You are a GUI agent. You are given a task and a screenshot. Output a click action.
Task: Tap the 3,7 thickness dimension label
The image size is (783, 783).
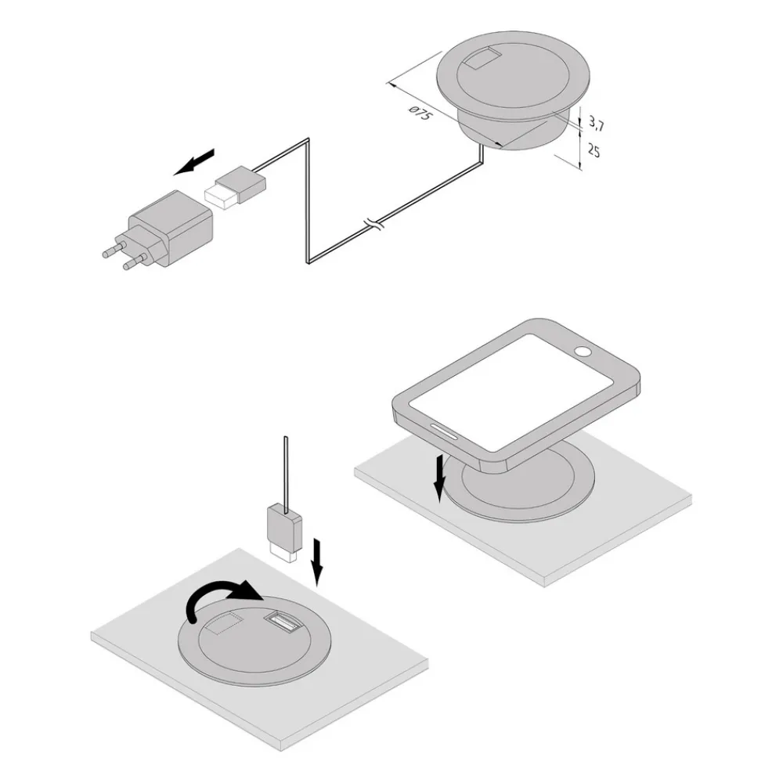pyautogui.click(x=596, y=123)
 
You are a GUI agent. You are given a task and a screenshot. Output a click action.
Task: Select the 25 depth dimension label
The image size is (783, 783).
pyautogui.click(x=594, y=150)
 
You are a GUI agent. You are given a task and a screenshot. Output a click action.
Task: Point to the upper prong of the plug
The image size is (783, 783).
pyautogui.click(x=114, y=249)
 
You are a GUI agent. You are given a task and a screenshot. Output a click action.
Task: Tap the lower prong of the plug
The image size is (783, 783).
pyautogui.click(x=135, y=262)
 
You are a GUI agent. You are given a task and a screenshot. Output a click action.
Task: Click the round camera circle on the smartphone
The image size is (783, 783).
pyautogui.click(x=583, y=352)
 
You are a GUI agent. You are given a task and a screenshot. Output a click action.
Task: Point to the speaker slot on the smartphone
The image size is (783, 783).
pyautogui.click(x=443, y=432)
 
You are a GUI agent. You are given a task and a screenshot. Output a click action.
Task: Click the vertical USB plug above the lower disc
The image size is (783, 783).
pyautogui.click(x=285, y=533)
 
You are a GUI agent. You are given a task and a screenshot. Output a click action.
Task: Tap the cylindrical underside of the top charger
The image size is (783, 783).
pyautogui.click(x=514, y=132)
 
